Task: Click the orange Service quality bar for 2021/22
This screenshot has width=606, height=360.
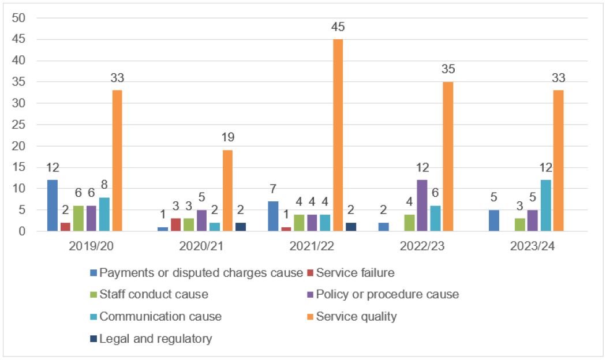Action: (x=338, y=135)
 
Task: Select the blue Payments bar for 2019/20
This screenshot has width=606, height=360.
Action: (x=53, y=205)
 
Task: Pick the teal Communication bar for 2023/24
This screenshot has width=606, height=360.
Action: (x=545, y=205)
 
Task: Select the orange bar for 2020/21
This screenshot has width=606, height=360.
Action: (x=227, y=190)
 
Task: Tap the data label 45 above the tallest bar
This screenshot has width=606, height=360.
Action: (x=338, y=27)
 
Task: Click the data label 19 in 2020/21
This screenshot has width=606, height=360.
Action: (x=227, y=138)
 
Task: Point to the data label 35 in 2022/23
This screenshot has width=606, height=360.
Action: (x=448, y=70)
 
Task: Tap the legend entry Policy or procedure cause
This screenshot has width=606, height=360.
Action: (x=384, y=294)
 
